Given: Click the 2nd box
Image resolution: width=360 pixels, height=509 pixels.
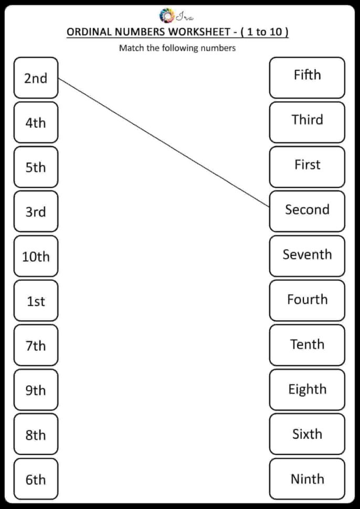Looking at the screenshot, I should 36,78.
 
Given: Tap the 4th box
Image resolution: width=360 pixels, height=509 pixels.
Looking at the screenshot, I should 36,123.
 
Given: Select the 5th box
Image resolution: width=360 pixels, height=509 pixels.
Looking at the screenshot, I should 36,167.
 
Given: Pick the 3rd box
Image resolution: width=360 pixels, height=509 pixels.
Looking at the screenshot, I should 36,212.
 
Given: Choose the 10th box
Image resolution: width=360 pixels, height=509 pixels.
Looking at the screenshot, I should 36,257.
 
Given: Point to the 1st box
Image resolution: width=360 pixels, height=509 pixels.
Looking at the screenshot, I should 36,301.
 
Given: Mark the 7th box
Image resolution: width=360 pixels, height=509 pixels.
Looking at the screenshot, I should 36,346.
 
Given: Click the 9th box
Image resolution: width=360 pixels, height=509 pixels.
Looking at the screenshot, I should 36,390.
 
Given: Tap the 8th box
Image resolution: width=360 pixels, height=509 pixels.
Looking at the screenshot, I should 36,435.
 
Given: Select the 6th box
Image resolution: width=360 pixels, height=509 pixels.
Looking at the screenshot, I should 36,480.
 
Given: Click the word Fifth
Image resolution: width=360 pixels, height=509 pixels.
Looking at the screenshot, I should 307,75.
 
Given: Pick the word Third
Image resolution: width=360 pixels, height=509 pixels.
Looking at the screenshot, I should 307,120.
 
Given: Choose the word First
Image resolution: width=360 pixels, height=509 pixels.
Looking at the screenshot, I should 307,165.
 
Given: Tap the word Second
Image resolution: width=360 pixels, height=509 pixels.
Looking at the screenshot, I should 307,209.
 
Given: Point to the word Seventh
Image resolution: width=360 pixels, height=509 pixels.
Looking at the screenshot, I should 307,254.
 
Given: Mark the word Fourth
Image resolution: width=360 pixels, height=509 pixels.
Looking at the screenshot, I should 307,299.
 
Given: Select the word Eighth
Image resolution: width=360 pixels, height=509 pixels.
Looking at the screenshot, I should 307,389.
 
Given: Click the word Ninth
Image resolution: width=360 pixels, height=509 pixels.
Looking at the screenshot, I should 307,479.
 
